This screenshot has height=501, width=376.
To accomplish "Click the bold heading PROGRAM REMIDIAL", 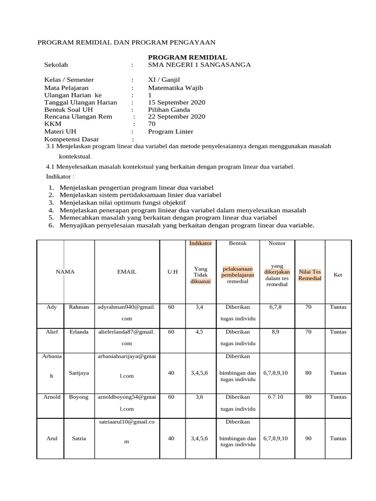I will pyautogui.click(x=188, y=57).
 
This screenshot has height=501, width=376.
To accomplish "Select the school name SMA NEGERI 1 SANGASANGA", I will pyautogui.click(x=199, y=65).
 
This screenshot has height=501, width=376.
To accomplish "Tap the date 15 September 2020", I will pyautogui.click(x=177, y=102).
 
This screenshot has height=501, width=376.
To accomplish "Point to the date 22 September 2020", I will pyautogui.click(x=177, y=116).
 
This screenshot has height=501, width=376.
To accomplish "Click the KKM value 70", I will pyautogui.click(x=152, y=124).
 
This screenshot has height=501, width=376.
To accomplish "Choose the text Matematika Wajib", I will pyautogui.click(x=175, y=88).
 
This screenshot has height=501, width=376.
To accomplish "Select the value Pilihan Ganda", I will pyautogui.click(x=169, y=110).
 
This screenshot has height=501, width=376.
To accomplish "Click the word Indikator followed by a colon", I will pyautogui.click(x=60, y=176).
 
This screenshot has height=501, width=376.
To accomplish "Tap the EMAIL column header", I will pyautogui.click(x=127, y=272).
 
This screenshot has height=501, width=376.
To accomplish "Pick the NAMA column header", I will pyautogui.click(x=65, y=272).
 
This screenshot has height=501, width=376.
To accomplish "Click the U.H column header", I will pyautogui.click(x=172, y=272).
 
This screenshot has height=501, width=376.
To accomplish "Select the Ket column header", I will pyautogui.click(x=338, y=275).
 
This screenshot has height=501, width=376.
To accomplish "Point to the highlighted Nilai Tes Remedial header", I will pyautogui.click(x=310, y=275).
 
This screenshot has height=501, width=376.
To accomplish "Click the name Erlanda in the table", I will pyautogui.click(x=79, y=332).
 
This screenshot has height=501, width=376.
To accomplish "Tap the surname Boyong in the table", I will pyautogui.click(x=79, y=397).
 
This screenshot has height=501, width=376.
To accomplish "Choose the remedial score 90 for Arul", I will pyautogui.click(x=308, y=438).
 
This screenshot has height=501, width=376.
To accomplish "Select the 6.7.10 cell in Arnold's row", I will pyautogui.click(x=276, y=397).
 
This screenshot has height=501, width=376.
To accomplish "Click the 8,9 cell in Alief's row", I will pyautogui.click(x=276, y=332).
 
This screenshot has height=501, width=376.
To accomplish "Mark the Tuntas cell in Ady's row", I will pyautogui.click(x=338, y=307).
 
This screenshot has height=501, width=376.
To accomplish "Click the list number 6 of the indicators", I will pyautogui.click(x=51, y=226).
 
